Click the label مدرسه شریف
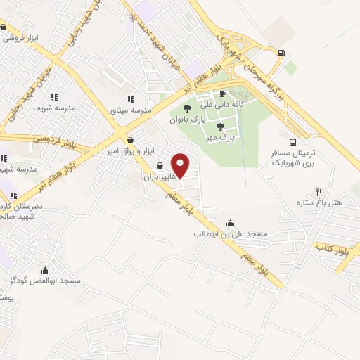[x=55, y=109]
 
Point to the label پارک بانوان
[x=186, y=120]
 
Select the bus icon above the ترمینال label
[x=292, y=141]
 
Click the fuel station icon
[x=281, y=52]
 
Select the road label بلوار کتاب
[x=330, y=249]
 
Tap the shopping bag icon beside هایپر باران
[x=160, y=166]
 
